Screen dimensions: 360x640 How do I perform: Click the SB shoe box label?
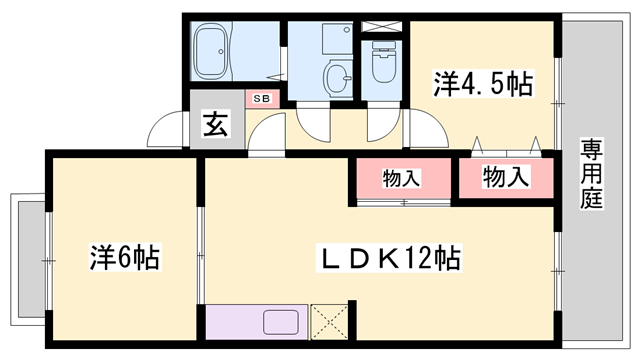(x=261, y=98)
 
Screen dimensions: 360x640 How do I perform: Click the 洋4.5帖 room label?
(x=481, y=84)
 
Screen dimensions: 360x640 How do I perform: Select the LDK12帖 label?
(x=388, y=259)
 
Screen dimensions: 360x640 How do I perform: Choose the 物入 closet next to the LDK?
(x=401, y=179)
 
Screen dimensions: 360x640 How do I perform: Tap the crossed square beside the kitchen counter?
(x=330, y=322)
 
